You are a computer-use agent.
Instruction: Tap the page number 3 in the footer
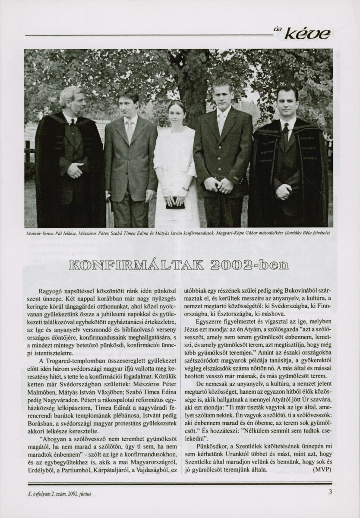point(330,493)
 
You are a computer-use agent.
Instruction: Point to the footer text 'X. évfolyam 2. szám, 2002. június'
point(58,493)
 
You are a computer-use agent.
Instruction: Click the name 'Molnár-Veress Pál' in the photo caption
point(42,234)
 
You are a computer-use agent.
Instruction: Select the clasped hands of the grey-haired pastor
point(75,171)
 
